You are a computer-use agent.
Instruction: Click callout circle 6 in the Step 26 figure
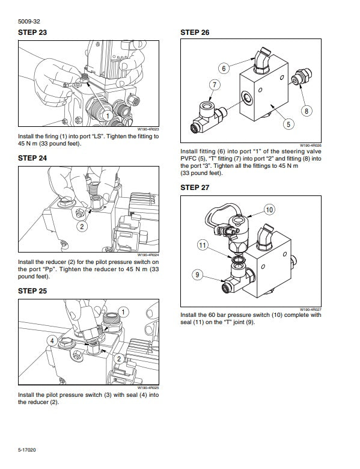pos(223,69)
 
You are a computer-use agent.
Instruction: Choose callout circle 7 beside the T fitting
pos(213,85)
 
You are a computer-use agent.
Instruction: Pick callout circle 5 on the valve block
pos(288,124)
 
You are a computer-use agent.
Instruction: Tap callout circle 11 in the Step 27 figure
pos(204,245)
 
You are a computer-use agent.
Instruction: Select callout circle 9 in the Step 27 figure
pos(197,275)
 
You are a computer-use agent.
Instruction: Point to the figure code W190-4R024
pos(148,255)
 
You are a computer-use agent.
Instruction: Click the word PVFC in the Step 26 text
pos(191,159)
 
